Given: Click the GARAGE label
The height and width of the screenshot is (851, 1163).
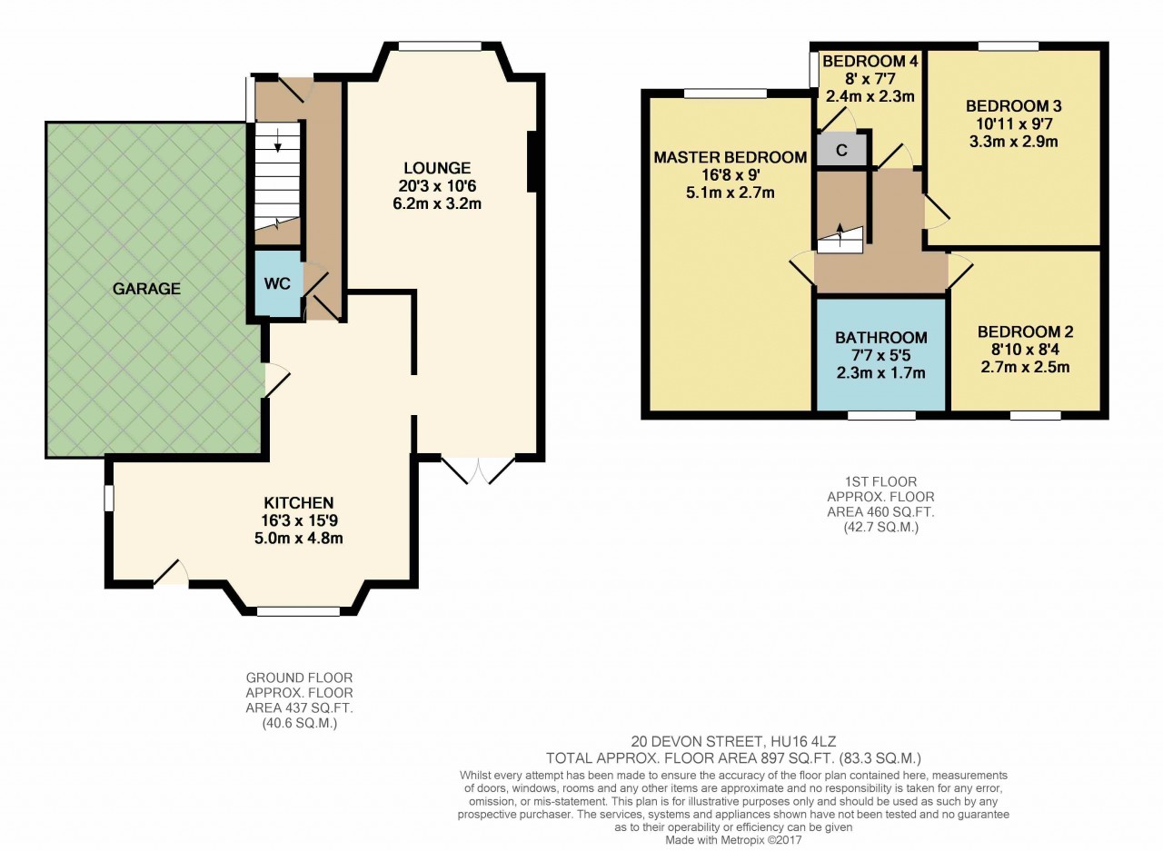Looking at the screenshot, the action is point(146,289).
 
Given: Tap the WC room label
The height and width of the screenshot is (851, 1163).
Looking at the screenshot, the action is point(277,284).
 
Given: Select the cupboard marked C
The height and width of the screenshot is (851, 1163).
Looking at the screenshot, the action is point(841,150).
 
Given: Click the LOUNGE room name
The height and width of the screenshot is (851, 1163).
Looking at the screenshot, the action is point(437,168).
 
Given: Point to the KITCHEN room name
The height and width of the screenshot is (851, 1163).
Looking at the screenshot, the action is point(299,503).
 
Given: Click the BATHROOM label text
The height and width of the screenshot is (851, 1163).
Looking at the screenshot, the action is point(881,338).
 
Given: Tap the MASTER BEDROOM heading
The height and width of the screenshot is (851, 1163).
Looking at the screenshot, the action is point(730,157).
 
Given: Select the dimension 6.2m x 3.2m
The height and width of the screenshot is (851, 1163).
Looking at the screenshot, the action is point(437,203).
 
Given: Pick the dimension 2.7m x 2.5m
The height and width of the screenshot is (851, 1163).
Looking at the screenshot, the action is point(1025,368).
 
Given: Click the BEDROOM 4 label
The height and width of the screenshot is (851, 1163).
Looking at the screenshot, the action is point(870,61).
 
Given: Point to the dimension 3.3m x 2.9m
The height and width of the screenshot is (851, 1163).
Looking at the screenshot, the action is point(1013,142).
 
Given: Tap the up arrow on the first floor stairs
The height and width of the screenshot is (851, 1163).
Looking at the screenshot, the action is point(840,234).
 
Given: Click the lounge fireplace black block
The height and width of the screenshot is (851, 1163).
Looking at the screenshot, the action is point(532,162).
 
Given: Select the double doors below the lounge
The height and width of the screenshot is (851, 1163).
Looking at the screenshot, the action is point(478,470).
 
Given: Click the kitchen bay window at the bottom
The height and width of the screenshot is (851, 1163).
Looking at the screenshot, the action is point(299,612).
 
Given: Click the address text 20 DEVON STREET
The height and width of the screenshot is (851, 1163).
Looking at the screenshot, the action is point(697,741).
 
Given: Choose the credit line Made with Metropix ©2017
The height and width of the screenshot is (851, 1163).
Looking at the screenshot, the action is point(733,840).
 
